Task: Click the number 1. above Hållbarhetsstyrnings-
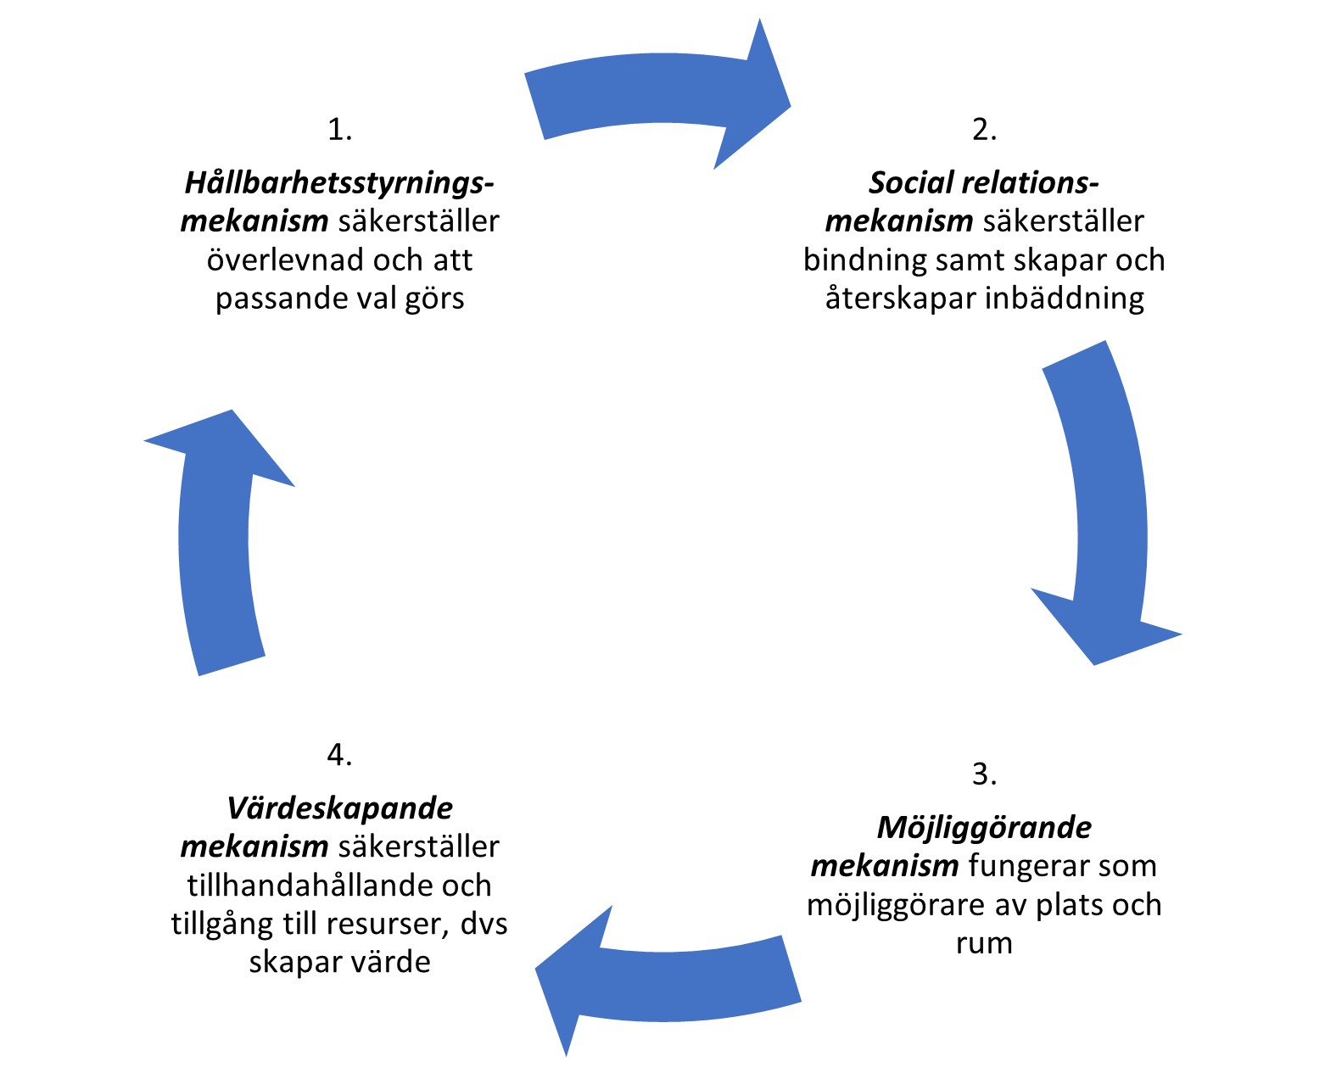coord(339,130)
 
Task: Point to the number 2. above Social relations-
coord(984,130)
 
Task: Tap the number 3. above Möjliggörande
coord(984,774)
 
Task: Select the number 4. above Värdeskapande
coord(339,754)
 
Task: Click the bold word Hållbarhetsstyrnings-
coord(339,182)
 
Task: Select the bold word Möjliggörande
coord(984,827)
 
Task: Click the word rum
coord(984,943)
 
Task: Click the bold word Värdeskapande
coord(339,808)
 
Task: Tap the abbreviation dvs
coord(484,924)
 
